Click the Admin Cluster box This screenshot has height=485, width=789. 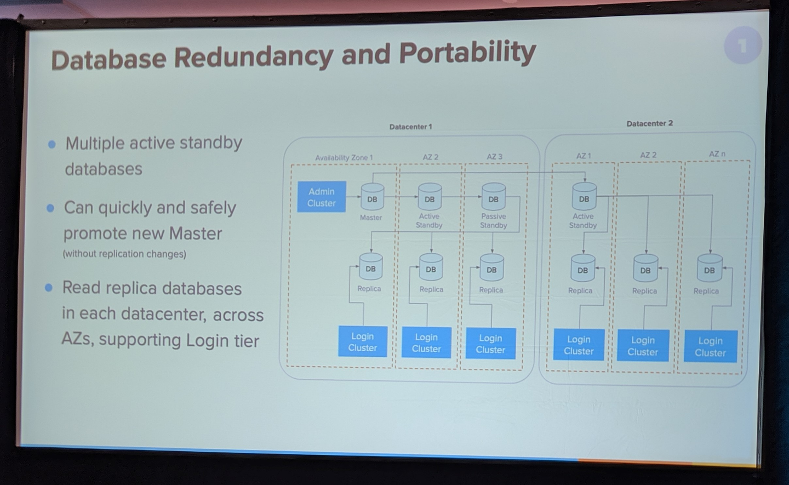coord(321,197)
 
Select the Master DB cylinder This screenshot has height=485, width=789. coord(373,197)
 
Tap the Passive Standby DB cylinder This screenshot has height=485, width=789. coord(494,197)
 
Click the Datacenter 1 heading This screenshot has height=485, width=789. coord(410,127)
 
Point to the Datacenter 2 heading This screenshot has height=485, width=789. coord(649,124)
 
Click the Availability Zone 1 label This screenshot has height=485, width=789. coord(344,157)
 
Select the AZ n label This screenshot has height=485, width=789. coord(717,154)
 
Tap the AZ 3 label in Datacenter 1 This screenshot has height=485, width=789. coord(495,156)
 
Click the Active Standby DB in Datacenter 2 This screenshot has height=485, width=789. coord(584,197)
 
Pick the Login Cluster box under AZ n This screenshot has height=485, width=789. coord(711,346)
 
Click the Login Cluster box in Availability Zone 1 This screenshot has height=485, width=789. coord(363,341)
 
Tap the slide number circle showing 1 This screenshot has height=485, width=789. coord(743,45)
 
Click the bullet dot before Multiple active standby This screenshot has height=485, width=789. coord(52,144)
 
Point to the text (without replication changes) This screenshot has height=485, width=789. coord(124,254)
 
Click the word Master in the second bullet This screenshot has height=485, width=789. coord(196,233)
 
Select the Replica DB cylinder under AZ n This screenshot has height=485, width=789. coord(710,269)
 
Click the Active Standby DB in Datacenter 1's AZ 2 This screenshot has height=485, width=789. coord(430,197)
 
